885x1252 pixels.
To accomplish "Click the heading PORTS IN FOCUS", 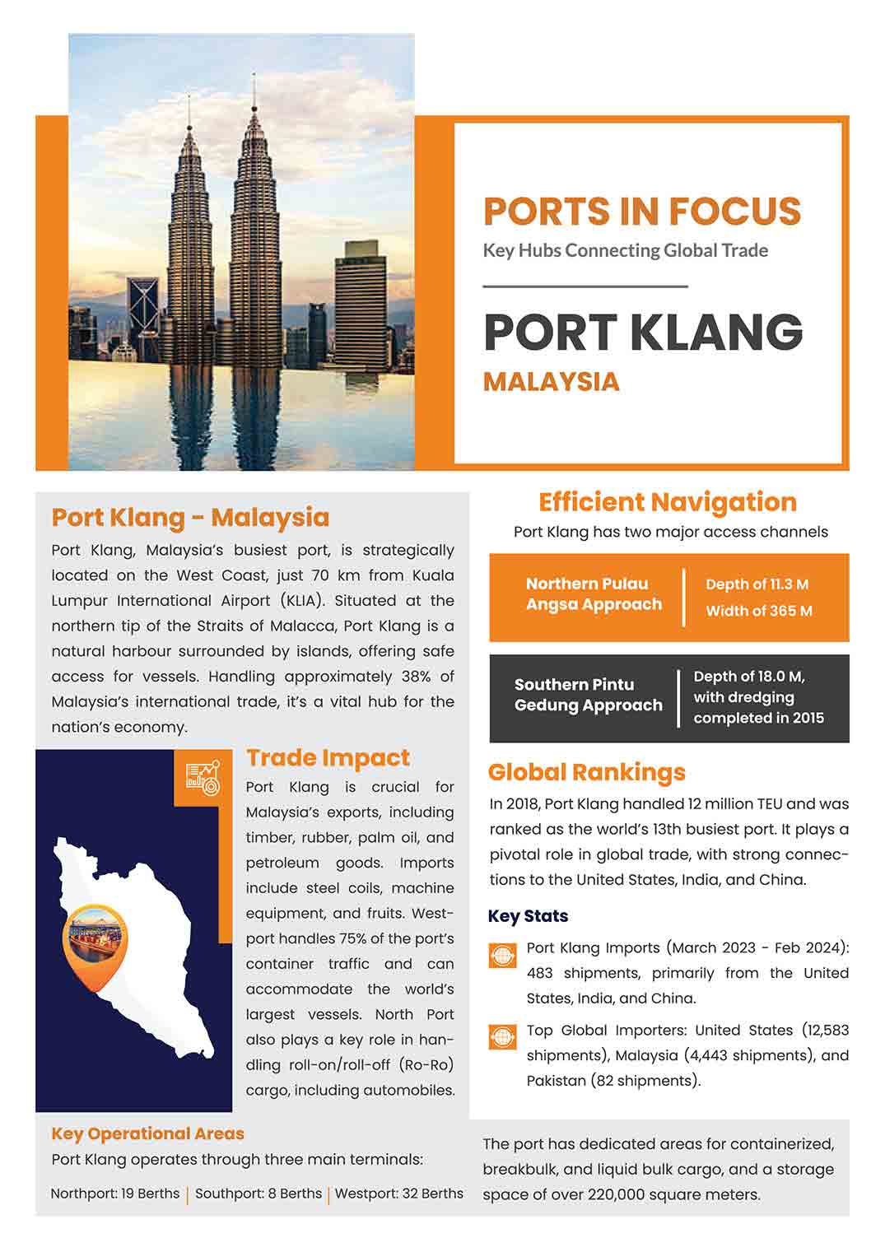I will [641, 212].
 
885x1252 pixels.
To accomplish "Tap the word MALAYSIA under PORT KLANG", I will [551, 382].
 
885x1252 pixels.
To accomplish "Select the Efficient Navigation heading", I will [667, 502].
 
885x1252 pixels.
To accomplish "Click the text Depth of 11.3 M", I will [757, 584].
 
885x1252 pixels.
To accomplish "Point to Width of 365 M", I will [758, 611].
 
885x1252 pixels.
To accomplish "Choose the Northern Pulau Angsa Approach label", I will [593, 594].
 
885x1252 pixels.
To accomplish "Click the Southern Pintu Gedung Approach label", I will [588, 695].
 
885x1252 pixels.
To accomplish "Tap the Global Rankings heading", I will [586, 772].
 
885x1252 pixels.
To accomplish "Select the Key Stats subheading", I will [528, 916].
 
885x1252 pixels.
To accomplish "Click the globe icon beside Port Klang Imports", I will [502, 955].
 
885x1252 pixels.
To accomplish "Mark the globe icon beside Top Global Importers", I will [502, 1037].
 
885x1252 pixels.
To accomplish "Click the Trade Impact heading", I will [328, 758].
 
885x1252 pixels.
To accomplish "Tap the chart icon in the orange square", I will [203, 778].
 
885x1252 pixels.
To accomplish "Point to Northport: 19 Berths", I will [114, 1194].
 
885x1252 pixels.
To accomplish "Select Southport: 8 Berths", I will [259, 1194].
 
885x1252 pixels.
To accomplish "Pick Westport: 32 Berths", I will [398, 1194].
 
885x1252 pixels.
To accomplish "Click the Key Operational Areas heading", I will [147, 1133].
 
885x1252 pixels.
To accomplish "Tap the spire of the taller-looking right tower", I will [254, 95].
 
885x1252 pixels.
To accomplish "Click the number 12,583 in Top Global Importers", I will [824, 1031].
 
